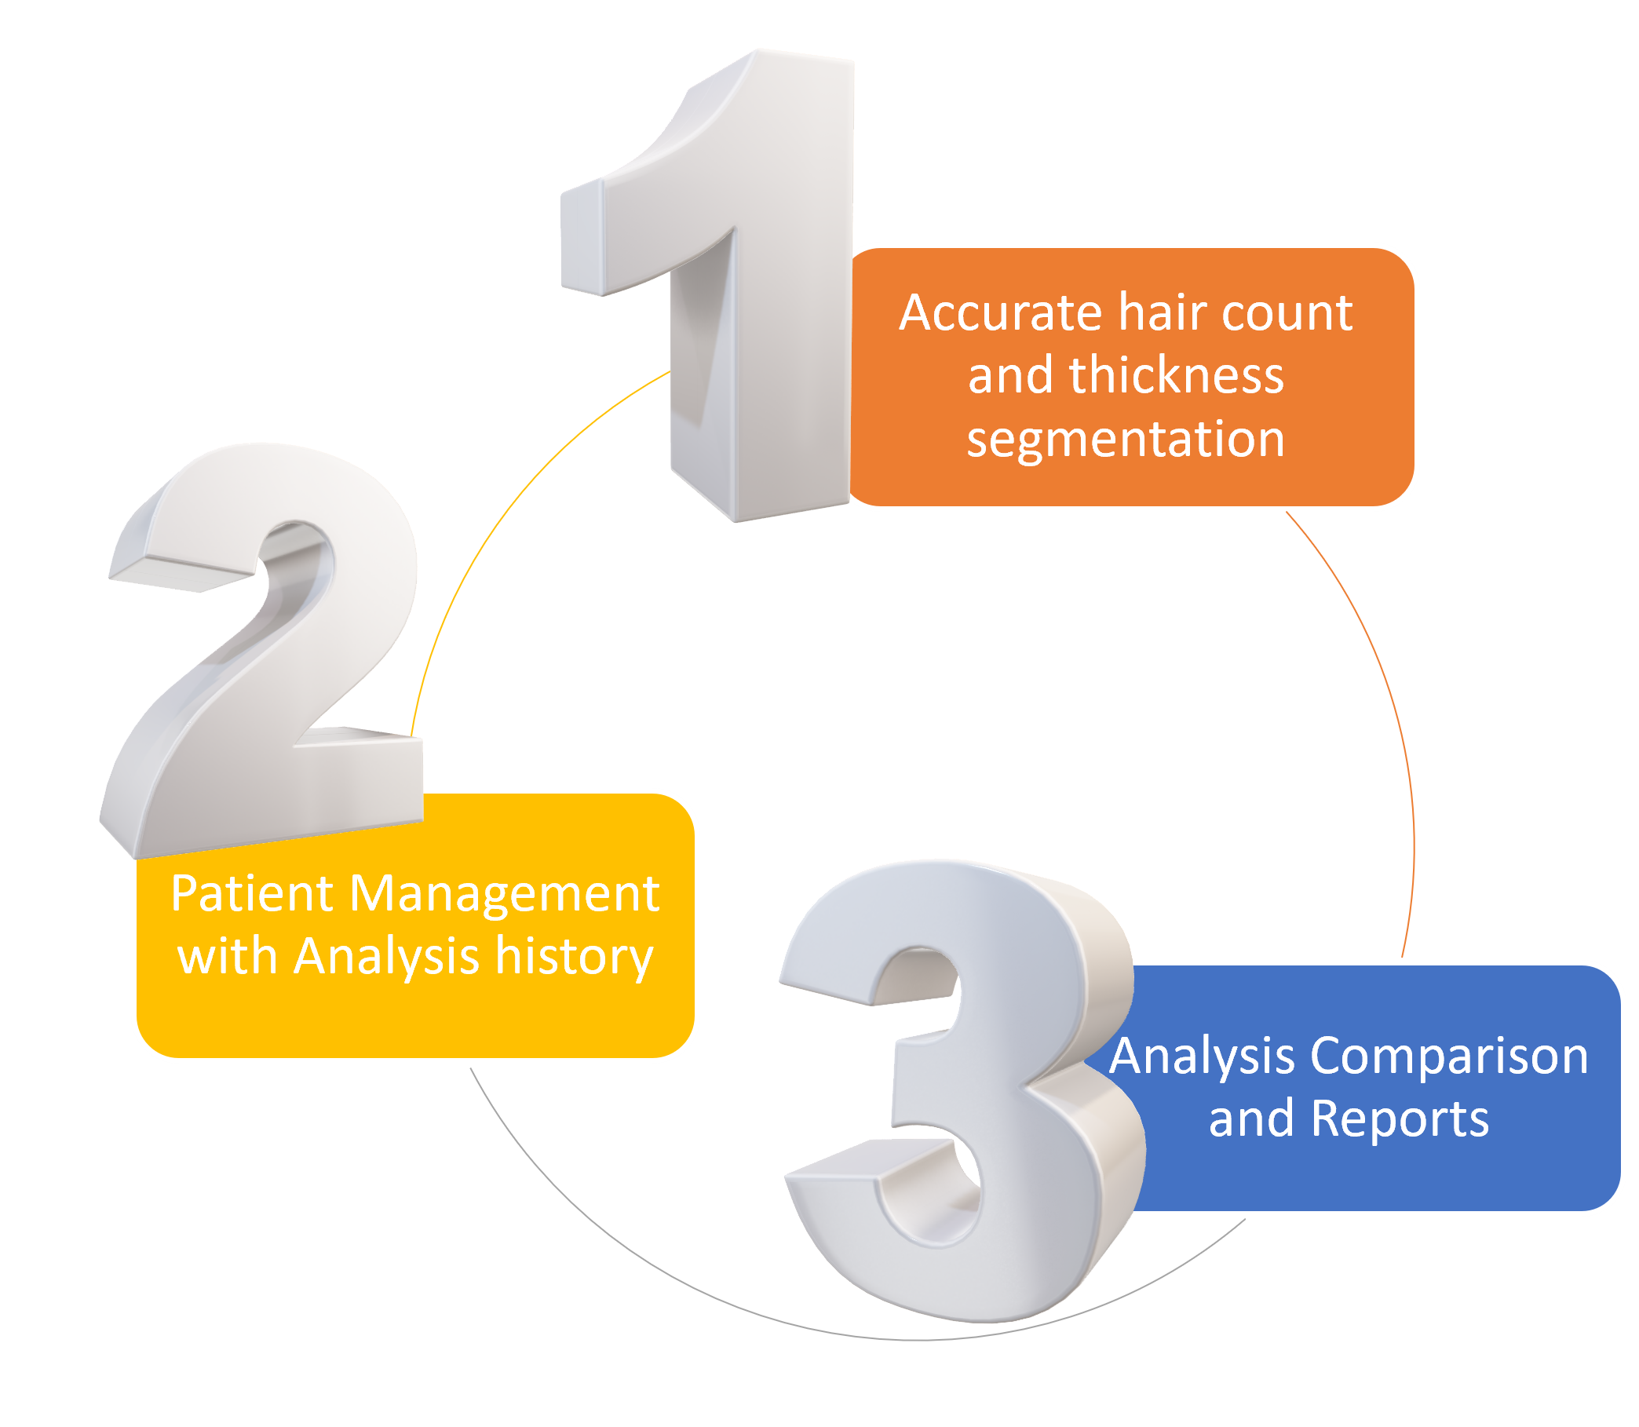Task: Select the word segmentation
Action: pyautogui.click(x=1126, y=439)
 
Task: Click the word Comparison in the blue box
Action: pyautogui.click(x=1450, y=1057)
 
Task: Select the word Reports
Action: pyautogui.click(x=1400, y=1119)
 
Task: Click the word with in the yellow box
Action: pyautogui.click(x=227, y=956)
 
